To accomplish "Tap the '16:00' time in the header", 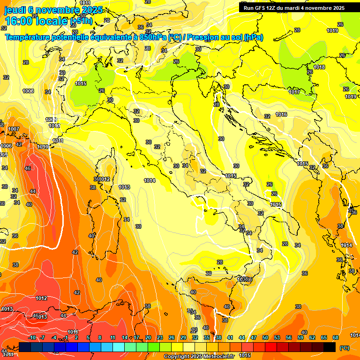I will point(19,21).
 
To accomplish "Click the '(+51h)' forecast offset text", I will point(81,21).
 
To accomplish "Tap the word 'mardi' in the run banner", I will point(301,8).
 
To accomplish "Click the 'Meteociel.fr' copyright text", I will point(219,357).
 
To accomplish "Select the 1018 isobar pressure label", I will point(319,67).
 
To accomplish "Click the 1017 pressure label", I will point(294,92).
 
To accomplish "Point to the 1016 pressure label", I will point(281,115).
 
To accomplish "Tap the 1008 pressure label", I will point(28,91).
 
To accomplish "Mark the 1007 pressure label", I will point(14,129).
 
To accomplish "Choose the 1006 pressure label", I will point(6,146).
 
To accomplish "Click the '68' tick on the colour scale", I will point(336,337).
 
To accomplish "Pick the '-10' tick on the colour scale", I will point(32,337).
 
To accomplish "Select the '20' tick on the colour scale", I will point(148,337).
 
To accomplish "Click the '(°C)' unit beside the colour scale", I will point(344,348).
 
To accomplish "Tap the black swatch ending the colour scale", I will point(330,347).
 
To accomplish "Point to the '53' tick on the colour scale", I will point(265,337).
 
